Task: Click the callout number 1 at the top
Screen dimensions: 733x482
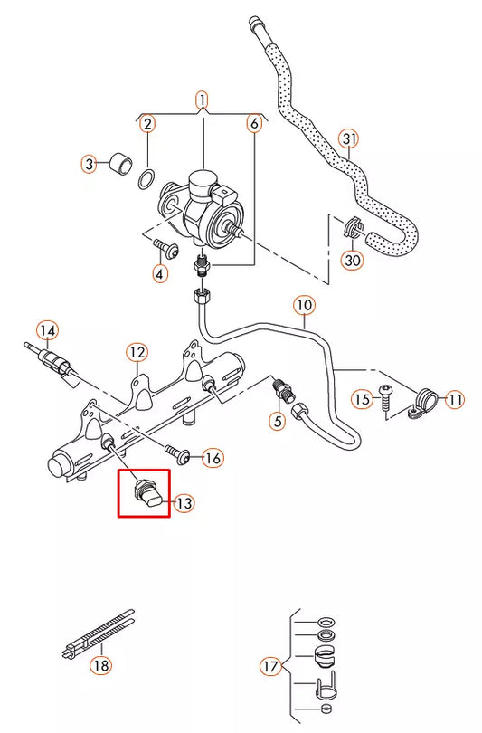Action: click(x=203, y=99)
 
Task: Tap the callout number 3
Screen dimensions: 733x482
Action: click(x=89, y=164)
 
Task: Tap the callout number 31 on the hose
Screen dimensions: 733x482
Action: click(x=350, y=138)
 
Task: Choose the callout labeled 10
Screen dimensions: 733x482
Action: click(x=303, y=307)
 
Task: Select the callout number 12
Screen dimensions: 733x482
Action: click(x=137, y=351)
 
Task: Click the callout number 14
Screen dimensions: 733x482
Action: click(x=46, y=330)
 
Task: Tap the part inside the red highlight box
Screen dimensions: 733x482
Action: click(x=144, y=492)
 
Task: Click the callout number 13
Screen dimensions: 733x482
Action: click(x=184, y=502)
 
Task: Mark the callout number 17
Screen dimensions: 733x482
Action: click(x=270, y=667)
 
